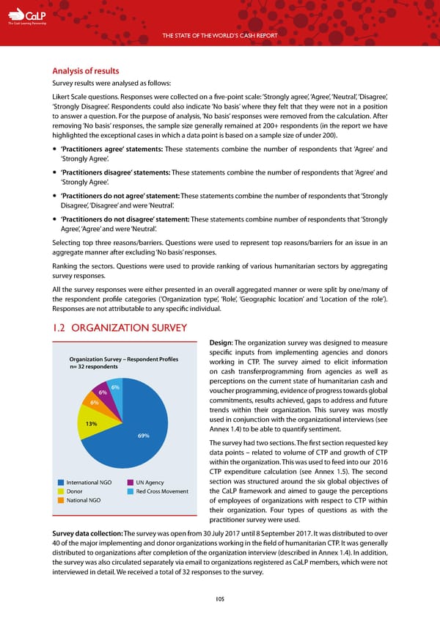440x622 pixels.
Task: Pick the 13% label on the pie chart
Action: [x=92, y=424]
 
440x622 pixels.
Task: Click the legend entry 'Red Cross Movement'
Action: [x=164, y=491]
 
